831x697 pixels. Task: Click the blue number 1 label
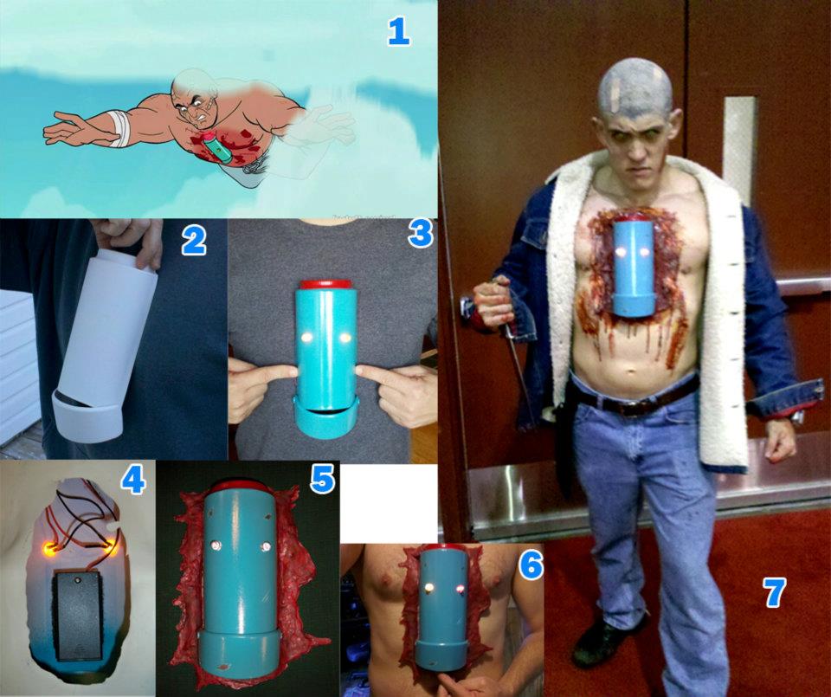[398, 31]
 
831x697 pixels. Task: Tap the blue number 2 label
[193, 242]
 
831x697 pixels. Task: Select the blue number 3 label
[421, 233]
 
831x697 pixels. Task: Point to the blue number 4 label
[133, 481]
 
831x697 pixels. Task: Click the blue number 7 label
[774, 592]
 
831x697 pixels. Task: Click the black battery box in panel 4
[77, 616]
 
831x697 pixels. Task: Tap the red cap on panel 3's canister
[326, 285]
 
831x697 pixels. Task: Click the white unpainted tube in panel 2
[107, 345]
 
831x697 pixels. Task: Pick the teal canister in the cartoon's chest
[218, 146]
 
